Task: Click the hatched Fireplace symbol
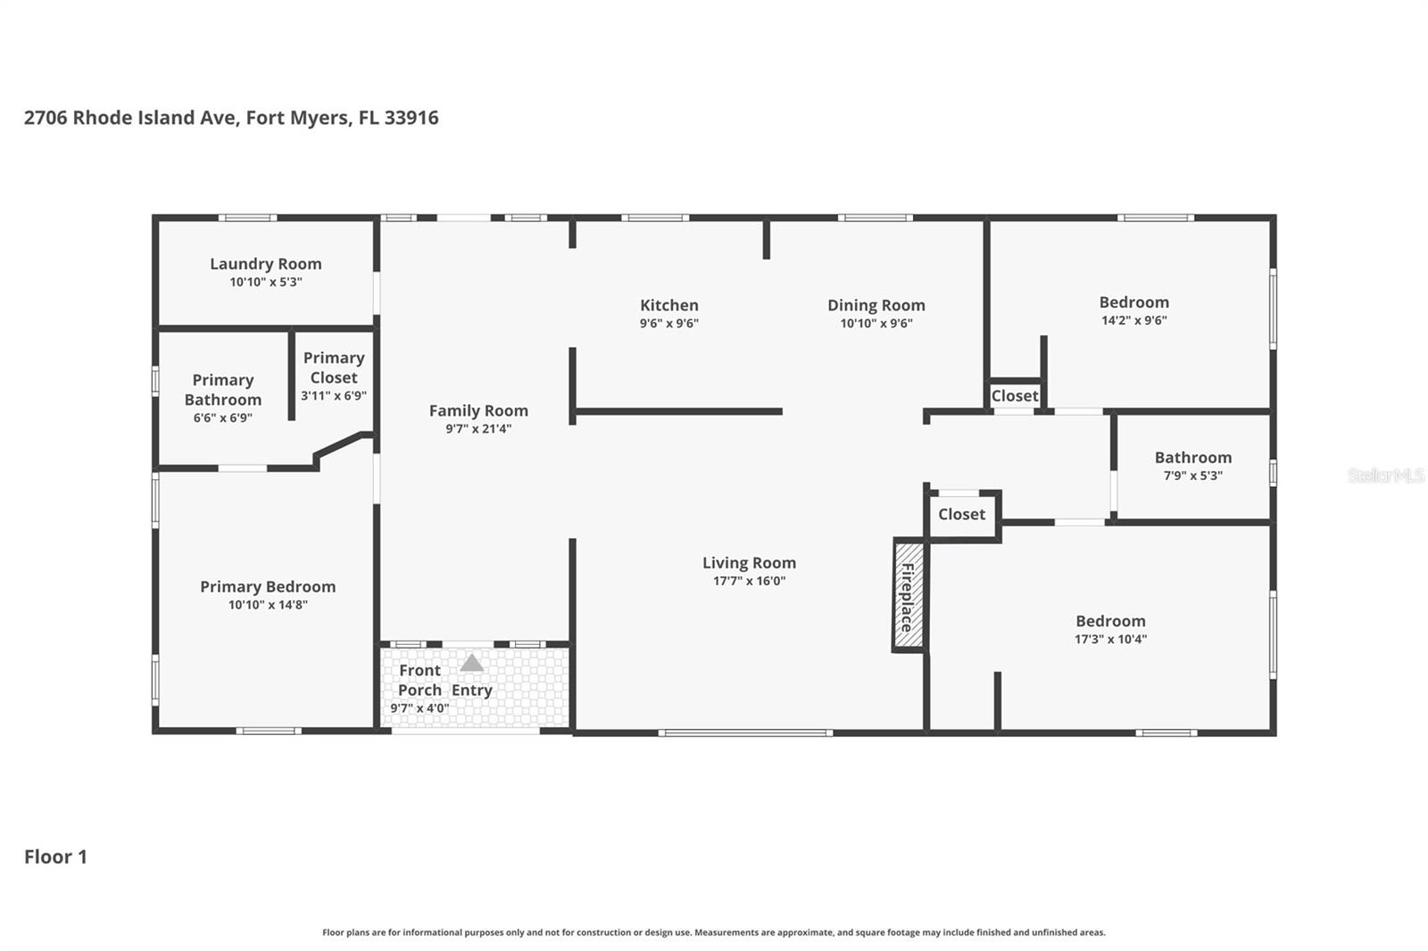tap(909, 596)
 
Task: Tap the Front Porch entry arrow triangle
tap(471, 663)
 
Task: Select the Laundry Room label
tap(266, 264)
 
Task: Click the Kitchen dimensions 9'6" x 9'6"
tap(668, 324)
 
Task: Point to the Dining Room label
tap(876, 305)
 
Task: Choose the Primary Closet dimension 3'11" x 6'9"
tap(334, 396)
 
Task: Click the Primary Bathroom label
tap(223, 390)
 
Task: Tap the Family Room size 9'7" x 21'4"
tap(478, 429)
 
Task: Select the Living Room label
tap(749, 563)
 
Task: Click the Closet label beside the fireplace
tap(961, 515)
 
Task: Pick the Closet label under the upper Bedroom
tap(1015, 396)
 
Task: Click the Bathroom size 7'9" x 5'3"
tap(1192, 476)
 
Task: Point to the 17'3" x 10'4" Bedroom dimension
tap(1110, 640)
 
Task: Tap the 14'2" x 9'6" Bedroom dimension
tap(1133, 320)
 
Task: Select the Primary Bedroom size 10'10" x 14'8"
tap(268, 605)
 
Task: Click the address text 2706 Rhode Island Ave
tap(130, 118)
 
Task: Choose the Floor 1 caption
tap(55, 857)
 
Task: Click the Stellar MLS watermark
tap(1385, 475)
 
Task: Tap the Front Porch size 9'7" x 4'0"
tap(419, 709)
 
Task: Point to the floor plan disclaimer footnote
tap(713, 932)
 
